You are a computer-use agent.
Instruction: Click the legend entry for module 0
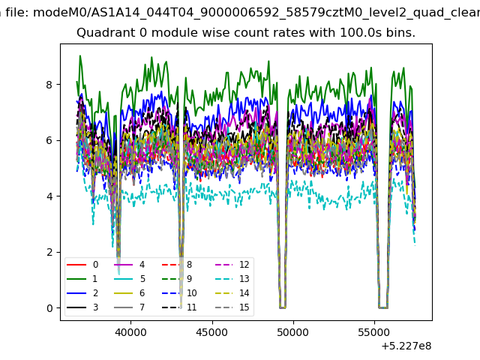(82, 265)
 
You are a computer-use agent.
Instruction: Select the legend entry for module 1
(82, 278)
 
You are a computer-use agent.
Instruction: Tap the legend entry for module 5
(130, 278)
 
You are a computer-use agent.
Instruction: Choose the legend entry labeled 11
(179, 307)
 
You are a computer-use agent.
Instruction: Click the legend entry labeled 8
(177, 265)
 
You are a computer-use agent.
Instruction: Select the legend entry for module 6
(130, 293)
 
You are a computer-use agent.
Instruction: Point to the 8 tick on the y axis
(49, 85)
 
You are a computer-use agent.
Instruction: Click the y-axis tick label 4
(49, 196)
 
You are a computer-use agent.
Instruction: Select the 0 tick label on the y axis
(49, 308)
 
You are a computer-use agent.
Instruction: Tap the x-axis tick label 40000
(130, 332)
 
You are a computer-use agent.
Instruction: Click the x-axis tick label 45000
(212, 332)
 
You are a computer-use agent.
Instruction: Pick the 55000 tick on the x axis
(374, 332)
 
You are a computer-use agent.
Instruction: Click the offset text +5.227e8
(406, 346)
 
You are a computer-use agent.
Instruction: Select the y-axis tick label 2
(49, 252)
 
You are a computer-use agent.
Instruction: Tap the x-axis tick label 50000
(293, 332)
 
